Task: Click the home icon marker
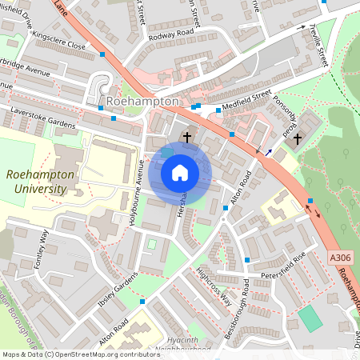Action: (x=180, y=173)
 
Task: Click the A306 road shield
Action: (x=340, y=258)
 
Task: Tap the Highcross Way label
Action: (x=214, y=286)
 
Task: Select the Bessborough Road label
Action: (x=238, y=309)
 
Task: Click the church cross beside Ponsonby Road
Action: (x=298, y=138)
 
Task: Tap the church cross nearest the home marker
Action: (x=187, y=137)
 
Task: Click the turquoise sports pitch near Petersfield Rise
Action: (x=310, y=318)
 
